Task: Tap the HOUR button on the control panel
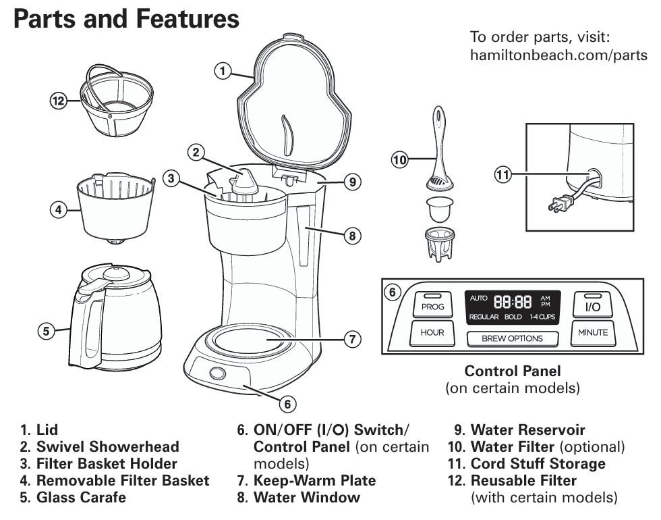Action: coord(432,332)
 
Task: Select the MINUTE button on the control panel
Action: coord(592,332)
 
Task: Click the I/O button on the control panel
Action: coord(592,305)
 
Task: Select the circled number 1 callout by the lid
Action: coord(223,70)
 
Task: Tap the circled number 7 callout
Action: coord(351,338)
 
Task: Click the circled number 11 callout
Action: coord(502,175)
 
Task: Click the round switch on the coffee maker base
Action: coord(217,374)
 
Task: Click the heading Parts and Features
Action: coord(126,18)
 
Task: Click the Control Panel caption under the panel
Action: coord(513,371)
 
